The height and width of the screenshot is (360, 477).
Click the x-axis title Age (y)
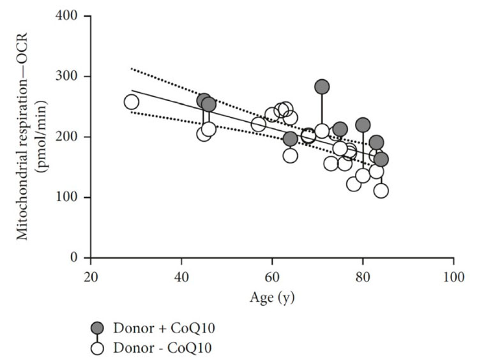[272, 297]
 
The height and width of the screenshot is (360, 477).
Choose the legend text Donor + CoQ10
[163, 328]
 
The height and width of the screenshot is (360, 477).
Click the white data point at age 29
[132, 102]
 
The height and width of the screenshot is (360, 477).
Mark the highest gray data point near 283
[322, 87]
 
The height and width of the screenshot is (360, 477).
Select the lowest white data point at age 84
[381, 190]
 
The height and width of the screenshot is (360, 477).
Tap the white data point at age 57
[259, 124]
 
